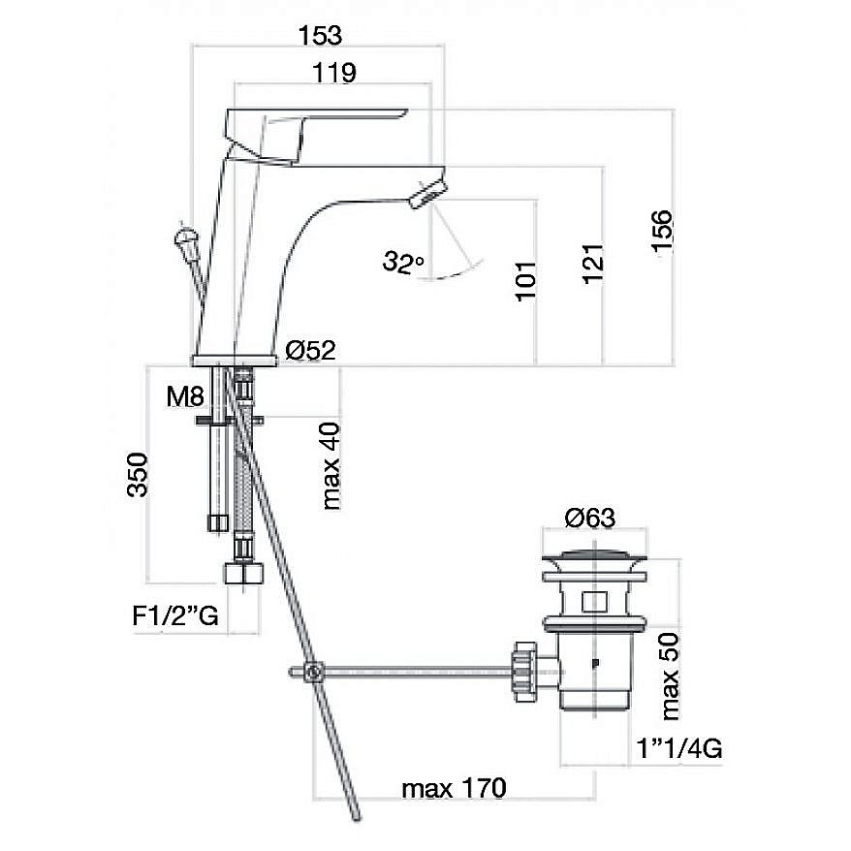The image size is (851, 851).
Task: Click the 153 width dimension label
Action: (x=320, y=35)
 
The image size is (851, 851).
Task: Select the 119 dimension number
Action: (x=334, y=73)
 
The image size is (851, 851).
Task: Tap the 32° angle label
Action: (x=402, y=262)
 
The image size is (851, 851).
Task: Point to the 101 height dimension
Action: (x=525, y=280)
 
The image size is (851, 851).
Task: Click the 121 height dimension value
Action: (x=593, y=264)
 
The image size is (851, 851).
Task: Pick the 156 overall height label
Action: (x=662, y=231)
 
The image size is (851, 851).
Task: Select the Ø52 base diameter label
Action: (x=310, y=350)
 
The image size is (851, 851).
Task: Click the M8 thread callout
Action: (x=186, y=396)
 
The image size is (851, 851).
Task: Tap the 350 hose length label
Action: (x=137, y=475)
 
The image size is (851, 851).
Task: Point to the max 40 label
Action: (x=331, y=466)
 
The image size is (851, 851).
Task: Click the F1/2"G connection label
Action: (x=175, y=615)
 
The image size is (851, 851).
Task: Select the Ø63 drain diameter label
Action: (x=590, y=518)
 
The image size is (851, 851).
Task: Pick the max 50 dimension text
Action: (x=670, y=677)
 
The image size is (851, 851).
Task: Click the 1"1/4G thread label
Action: (x=678, y=749)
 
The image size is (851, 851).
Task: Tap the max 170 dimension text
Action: (x=454, y=788)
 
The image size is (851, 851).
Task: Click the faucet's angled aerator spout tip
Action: (x=428, y=195)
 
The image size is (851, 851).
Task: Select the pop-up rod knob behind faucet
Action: (x=184, y=237)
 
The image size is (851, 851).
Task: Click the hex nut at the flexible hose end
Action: (x=243, y=573)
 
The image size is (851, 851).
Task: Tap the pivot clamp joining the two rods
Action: (x=312, y=673)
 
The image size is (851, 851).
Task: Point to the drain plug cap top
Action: (x=594, y=555)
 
